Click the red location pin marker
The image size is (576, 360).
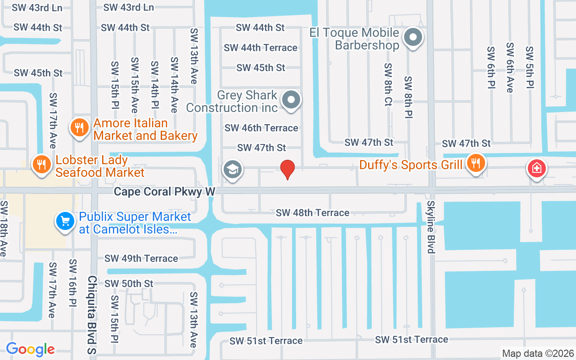point(288,169)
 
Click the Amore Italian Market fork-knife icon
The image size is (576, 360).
point(79,128)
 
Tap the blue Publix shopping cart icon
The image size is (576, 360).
point(65,221)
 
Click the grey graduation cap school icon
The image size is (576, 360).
point(232,170)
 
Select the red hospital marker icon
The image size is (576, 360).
point(536,169)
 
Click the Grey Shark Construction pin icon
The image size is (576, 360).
point(291,100)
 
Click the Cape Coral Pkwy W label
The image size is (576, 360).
point(164,192)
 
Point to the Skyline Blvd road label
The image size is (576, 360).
point(431,228)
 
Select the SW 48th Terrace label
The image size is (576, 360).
point(312,213)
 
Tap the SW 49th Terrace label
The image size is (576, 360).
point(141,259)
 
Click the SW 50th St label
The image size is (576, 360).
point(129,284)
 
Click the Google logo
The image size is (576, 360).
point(30,349)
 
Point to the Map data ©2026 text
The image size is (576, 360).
point(538,353)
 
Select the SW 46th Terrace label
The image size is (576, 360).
point(261,128)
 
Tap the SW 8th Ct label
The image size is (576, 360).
point(388,84)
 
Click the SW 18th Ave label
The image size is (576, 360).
point(4,229)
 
